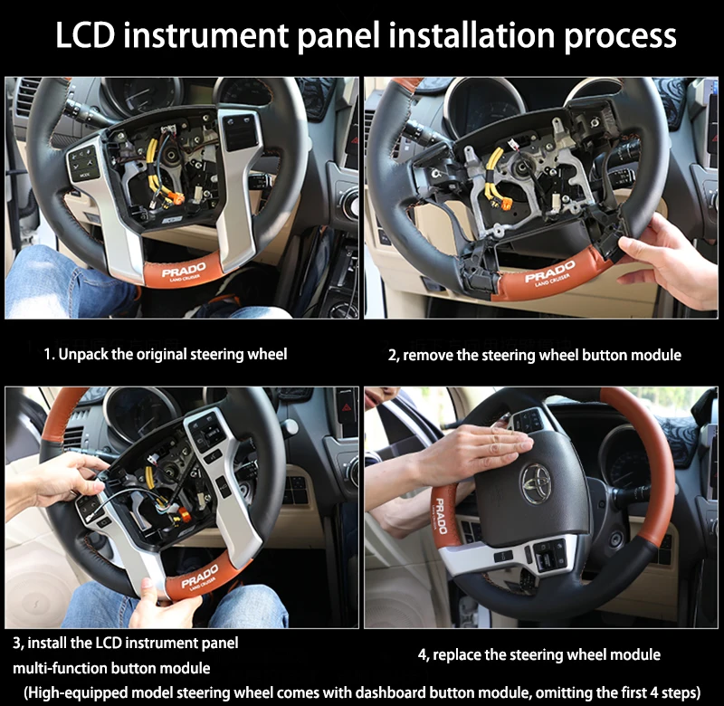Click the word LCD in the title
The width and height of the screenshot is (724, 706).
[89, 35]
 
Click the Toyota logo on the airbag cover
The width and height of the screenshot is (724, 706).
[536, 483]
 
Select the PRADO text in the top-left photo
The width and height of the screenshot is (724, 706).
[184, 270]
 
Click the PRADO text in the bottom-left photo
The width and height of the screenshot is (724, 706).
[200, 575]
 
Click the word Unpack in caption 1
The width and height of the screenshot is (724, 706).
[82, 354]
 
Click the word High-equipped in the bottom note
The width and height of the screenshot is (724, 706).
[77, 692]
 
